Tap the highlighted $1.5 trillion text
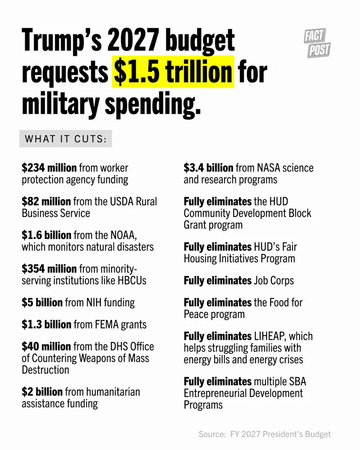tap(173, 72)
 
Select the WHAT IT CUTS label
tap(65, 139)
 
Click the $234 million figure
tap(49, 168)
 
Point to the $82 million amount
tap(46, 201)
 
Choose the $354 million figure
tap(49, 269)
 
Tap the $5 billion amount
tap(42, 302)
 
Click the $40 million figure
tap(46, 346)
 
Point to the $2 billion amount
tap(42, 392)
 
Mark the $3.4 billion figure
tap(208, 168)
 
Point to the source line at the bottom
tap(265, 434)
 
